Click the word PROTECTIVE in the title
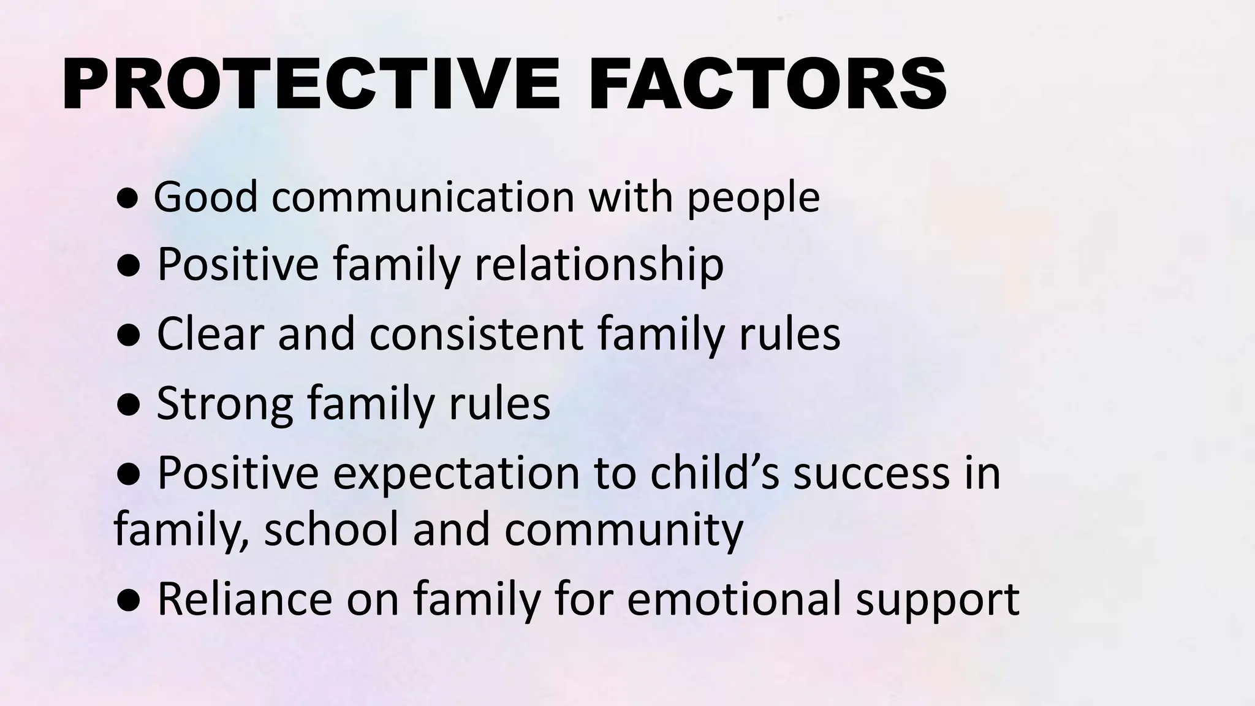click(310, 84)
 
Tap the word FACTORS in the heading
click(767, 84)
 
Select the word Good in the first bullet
click(205, 197)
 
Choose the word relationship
click(599, 265)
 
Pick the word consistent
click(476, 334)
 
